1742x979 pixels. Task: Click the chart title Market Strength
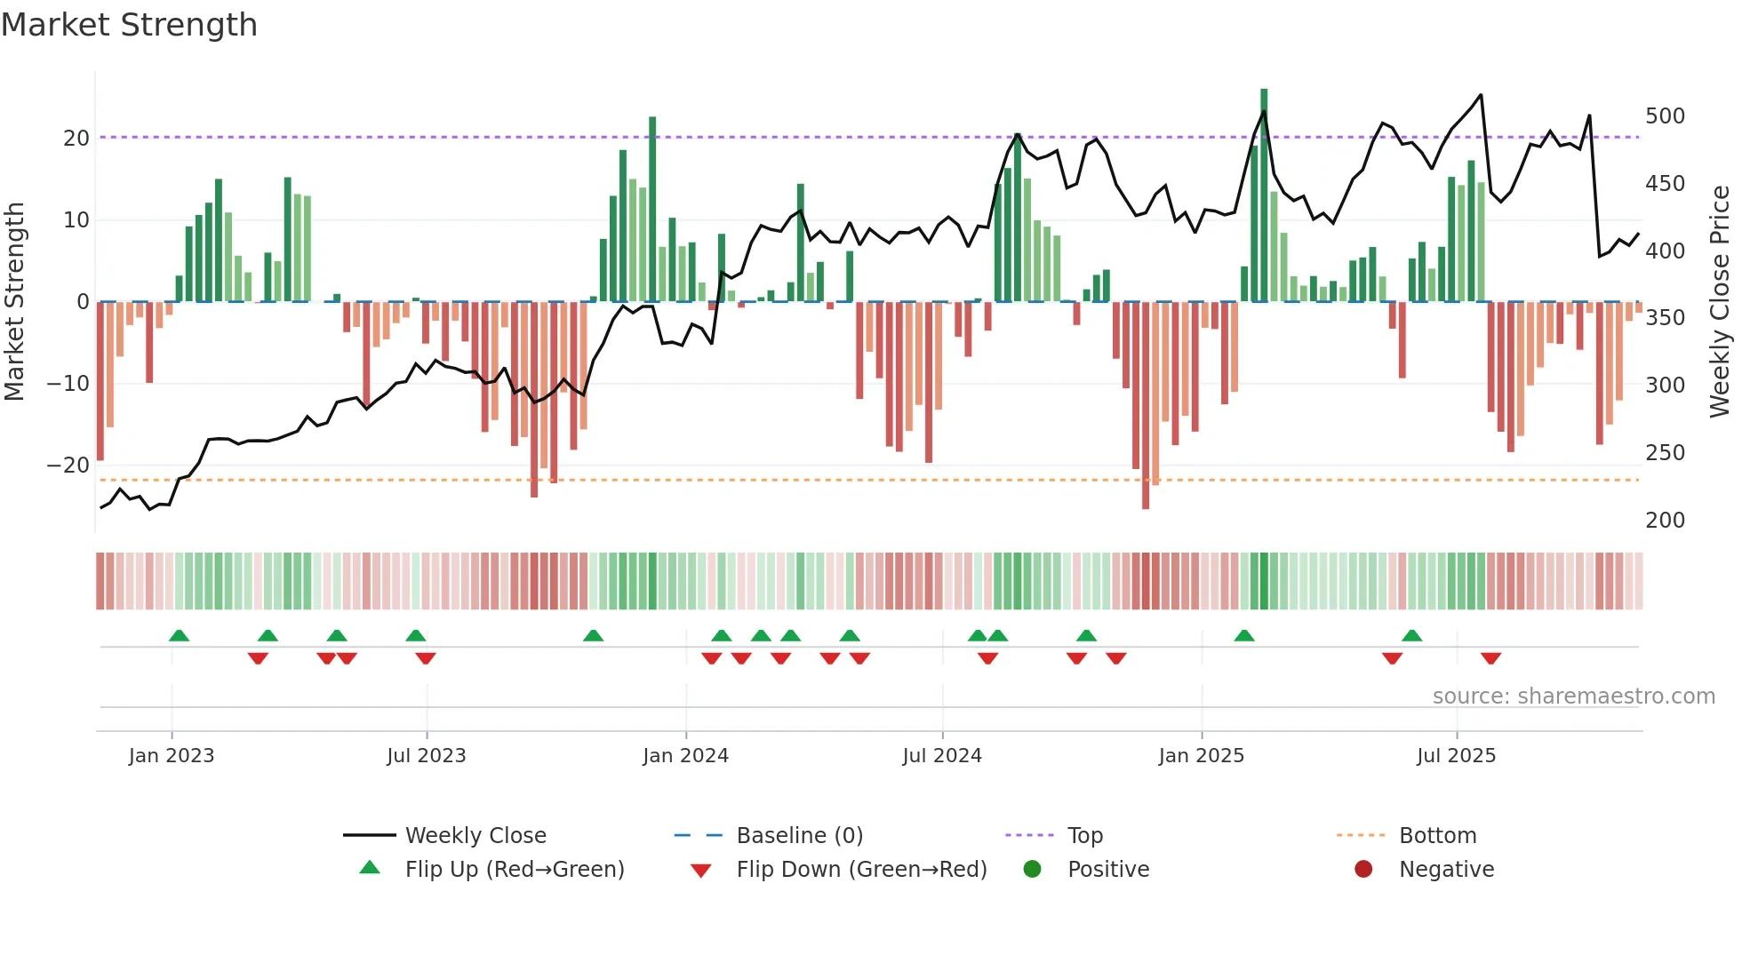pos(129,25)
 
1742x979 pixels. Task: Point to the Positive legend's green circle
pos(1032,869)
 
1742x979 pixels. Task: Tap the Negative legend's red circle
pos(1363,869)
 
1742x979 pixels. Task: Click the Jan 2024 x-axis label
pos(685,756)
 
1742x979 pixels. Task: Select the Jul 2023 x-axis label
pos(426,756)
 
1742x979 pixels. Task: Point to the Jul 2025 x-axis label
pos(1456,756)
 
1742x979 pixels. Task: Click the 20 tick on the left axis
pos(76,139)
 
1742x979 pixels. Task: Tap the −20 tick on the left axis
pos(68,466)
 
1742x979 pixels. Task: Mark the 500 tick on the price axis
pos(1665,116)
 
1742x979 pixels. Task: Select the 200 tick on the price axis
pos(1665,521)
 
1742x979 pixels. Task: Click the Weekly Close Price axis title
pos(1720,302)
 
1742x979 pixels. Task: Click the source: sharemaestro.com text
pos(1573,696)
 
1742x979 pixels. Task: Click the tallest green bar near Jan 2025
pos(1264,195)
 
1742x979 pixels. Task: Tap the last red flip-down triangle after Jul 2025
pos(1490,658)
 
